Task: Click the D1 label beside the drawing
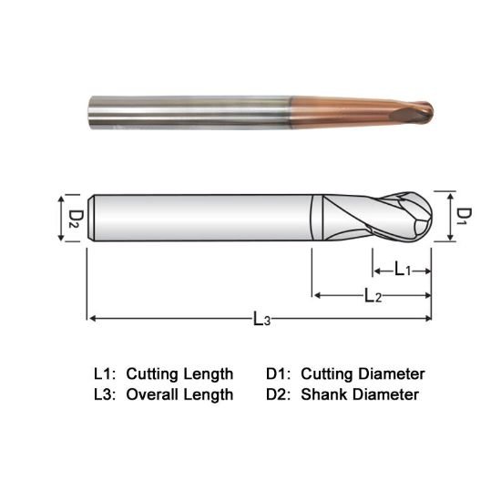[x=464, y=216]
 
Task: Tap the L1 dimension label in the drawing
[x=402, y=270]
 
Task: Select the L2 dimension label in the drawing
[x=373, y=295]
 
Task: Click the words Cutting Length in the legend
[x=179, y=373]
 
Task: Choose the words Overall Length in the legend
[x=179, y=394]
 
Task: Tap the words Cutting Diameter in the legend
[x=363, y=373]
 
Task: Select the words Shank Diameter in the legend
[x=359, y=394]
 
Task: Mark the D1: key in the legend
[x=280, y=373]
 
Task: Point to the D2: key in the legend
[x=280, y=394]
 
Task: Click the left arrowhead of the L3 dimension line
[x=91, y=318]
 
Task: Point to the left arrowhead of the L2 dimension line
[x=317, y=295]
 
